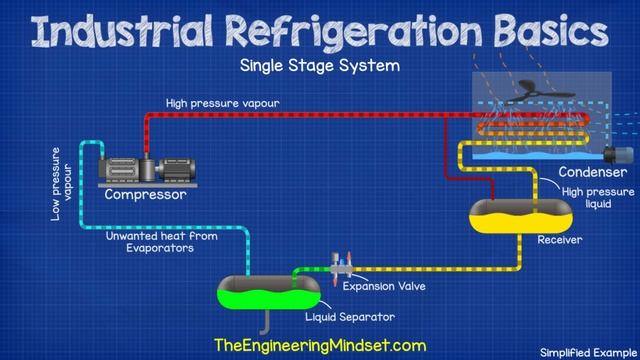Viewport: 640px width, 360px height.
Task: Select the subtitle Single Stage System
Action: (319, 67)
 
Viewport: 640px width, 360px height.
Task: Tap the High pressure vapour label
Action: (223, 103)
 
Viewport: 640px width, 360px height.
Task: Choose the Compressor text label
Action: (146, 195)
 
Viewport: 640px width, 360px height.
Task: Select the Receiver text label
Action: (559, 240)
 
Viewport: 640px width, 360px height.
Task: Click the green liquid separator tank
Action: (268, 292)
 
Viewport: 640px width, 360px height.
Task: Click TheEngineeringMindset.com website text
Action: (319, 343)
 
